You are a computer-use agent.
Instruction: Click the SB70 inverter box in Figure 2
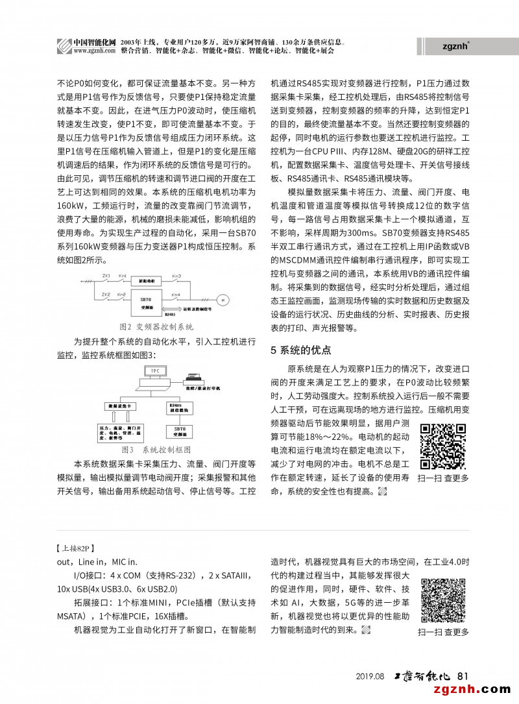click(x=149, y=300)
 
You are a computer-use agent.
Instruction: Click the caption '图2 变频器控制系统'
click(x=156, y=326)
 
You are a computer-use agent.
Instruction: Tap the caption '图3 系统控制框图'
click(x=156, y=449)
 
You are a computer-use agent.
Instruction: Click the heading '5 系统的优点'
click(x=300, y=350)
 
